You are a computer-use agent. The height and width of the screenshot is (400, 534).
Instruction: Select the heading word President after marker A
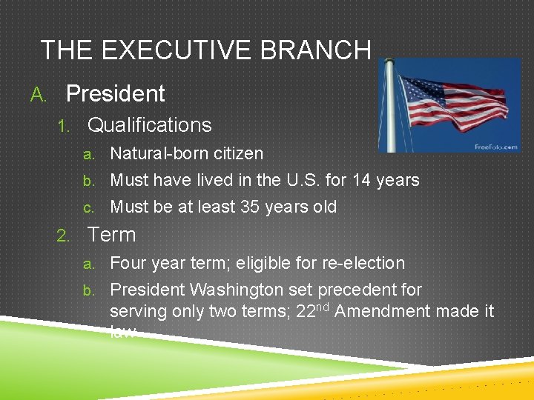(115, 94)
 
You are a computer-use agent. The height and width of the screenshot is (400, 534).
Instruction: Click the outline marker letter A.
(37, 95)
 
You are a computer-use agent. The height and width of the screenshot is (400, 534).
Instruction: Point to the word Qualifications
(149, 125)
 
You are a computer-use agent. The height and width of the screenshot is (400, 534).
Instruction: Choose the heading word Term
(112, 235)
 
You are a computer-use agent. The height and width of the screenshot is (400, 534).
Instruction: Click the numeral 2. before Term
(64, 236)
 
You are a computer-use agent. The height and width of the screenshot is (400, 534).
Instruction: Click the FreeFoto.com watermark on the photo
(495, 147)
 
